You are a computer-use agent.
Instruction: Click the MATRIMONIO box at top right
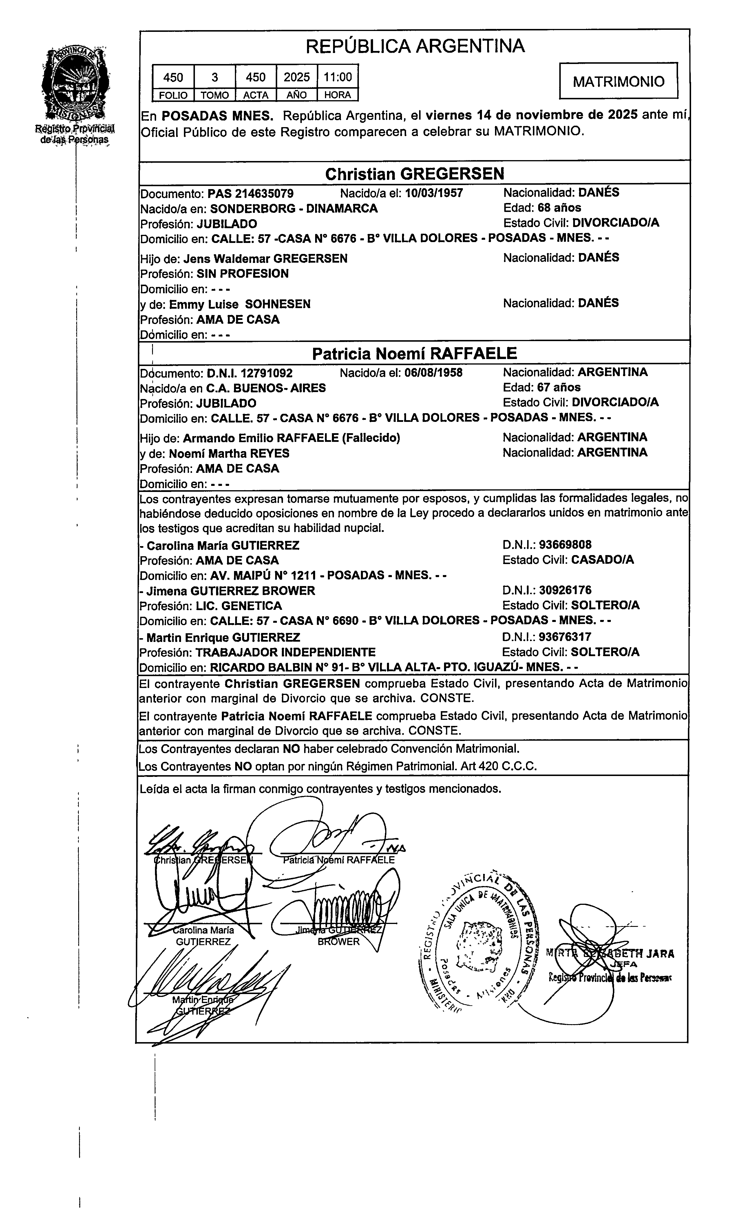click(618, 81)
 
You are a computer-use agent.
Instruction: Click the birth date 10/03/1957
click(434, 193)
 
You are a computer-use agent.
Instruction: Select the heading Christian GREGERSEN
click(414, 174)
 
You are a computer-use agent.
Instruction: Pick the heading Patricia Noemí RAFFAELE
click(414, 354)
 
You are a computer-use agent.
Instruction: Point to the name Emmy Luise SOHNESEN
click(240, 304)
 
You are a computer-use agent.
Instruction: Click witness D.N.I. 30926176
click(565, 590)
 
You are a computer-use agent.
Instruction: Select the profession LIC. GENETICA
click(239, 605)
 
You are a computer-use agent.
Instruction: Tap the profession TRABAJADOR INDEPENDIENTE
click(286, 652)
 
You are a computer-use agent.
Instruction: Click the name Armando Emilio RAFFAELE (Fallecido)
click(291, 438)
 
